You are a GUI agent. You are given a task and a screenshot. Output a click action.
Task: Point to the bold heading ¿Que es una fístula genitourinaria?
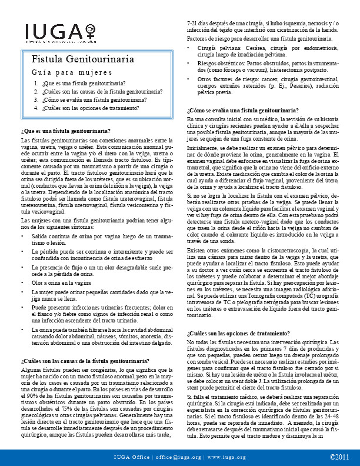pos(65,130)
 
